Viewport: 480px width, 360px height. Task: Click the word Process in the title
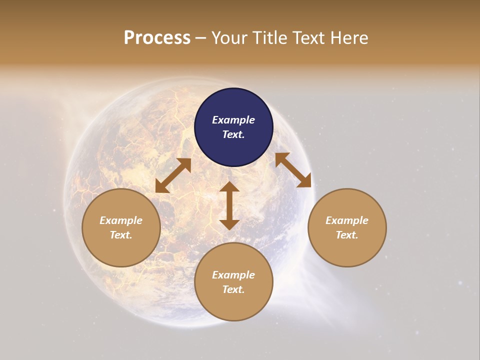pyautogui.click(x=157, y=38)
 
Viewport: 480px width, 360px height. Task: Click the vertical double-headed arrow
pyautogui.click(x=229, y=205)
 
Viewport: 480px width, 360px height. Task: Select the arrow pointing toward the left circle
pyautogui.click(x=173, y=175)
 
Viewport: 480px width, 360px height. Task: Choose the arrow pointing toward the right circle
pyautogui.click(x=293, y=170)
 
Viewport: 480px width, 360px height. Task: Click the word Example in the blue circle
pyautogui.click(x=233, y=120)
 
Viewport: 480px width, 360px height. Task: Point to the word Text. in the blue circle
pyautogui.click(x=233, y=134)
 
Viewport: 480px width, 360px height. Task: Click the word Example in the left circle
pyautogui.click(x=121, y=220)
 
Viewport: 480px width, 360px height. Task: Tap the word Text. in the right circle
pyautogui.click(x=347, y=235)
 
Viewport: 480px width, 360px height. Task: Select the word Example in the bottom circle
pyautogui.click(x=233, y=275)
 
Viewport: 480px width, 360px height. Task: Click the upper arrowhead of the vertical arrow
pyautogui.click(x=229, y=187)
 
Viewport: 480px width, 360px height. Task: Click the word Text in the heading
pyautogui.click(x=309, y=38)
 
